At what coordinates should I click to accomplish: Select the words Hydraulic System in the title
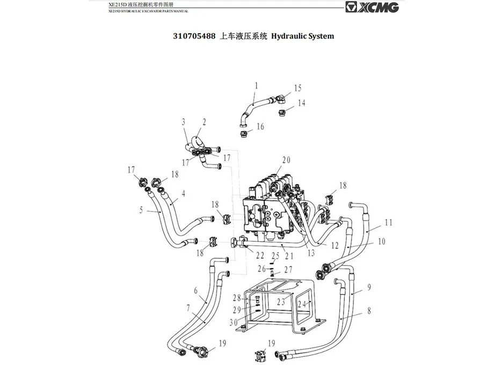click(303, 36)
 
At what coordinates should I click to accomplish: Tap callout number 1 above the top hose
click(256, 85)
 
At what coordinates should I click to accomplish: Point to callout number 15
click(297, 88)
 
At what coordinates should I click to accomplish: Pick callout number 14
click(302, 103)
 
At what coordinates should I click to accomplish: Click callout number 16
click(260, 127)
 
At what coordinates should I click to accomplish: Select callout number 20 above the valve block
click(286, 159)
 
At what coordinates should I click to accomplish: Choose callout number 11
click(388, 222)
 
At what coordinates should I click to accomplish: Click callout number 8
click(368, 310)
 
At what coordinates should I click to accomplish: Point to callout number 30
click(234, 322)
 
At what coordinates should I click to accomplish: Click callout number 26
click(261, 268)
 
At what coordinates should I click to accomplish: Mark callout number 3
click(183, 121)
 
